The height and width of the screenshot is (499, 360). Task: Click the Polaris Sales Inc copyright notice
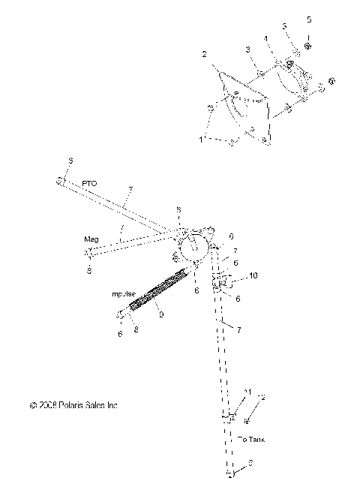(73, 405)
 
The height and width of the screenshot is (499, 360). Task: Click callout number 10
(253, 276)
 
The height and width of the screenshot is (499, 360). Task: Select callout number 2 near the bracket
(203, 55)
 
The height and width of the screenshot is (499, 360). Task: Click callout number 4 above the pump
(265, 38)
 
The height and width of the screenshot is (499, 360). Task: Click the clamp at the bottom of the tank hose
(231, 474)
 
